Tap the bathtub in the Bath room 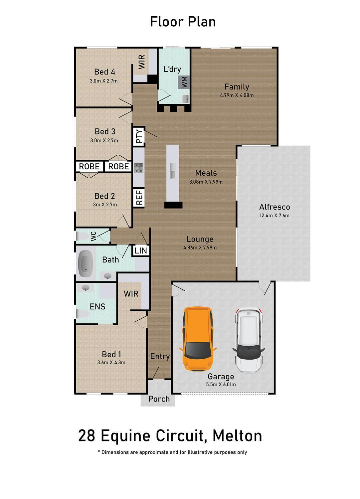(x=86, y=264)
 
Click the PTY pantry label (x=139, y=136)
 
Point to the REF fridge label (x=139, y=197)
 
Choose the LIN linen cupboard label (x=141, y=250)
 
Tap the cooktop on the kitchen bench (x=139, y=168)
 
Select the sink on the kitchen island (x=173, y=171)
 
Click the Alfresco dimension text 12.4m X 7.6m (x=274, y=216)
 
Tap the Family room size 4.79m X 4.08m (x=237, y=95)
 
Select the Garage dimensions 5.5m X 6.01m (x=221, y=384)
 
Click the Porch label (x=159, y=399)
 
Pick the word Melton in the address (x=237, y=435)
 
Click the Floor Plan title (x=183, y=22)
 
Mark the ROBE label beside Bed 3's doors (x=118, y=166)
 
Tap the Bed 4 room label (x=104, y=72)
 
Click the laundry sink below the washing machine (x=186, y=99)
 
